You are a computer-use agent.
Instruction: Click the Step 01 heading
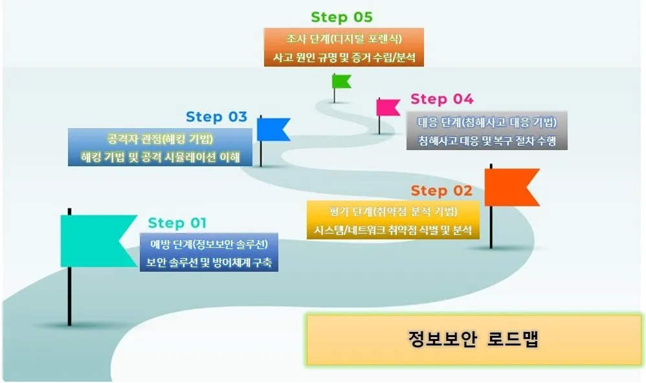[x=177, y=223]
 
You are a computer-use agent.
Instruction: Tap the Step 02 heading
[x=441, y=191]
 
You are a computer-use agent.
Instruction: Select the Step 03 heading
[x=216, y=117]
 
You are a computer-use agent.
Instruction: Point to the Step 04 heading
[x=441, y=100]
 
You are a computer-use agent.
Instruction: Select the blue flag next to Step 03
[x=272, y=129]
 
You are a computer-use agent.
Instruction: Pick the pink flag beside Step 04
[x=388, y=107]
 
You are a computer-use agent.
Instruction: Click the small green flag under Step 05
[x=340, y=82]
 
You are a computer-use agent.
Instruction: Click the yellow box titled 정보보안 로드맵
[x=473, y=340]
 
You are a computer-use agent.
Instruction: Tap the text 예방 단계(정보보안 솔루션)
[x=209, y=244]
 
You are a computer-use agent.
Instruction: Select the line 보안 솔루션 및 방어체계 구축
[x=209, y=262]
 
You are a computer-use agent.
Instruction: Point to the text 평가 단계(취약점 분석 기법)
[x=393, y=212]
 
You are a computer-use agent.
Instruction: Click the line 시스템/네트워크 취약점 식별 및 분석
[x=393, y=230]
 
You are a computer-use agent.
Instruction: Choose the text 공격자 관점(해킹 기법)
[x=160, y=138]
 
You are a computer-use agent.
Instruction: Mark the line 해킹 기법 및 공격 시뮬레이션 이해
[x=160, y=157]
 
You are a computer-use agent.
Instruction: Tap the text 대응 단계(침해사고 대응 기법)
[x=487, y=122]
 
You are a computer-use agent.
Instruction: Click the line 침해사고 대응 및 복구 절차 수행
[x=487, y=140]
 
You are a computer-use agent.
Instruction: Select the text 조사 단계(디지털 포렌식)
[x=344, y=38]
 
